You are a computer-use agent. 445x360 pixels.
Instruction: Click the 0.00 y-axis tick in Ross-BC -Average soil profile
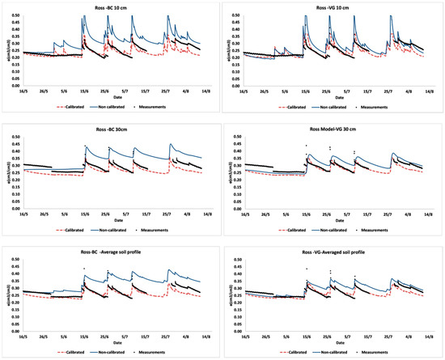click(13, 331)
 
